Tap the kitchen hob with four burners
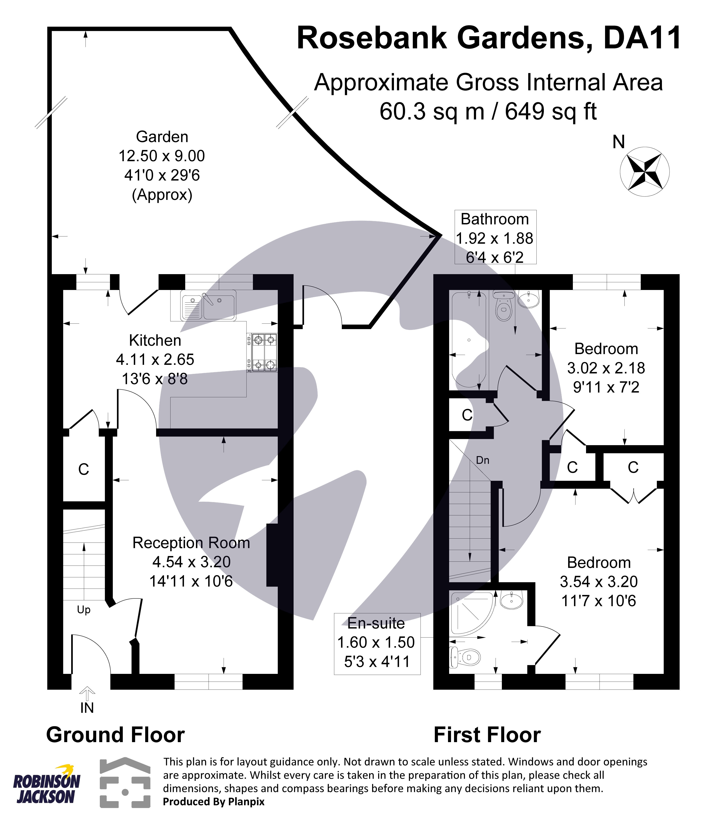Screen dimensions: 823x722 tap(262, 352)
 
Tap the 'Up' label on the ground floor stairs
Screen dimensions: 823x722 tap(84, 610)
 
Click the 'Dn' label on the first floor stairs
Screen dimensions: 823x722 tap(482, 460)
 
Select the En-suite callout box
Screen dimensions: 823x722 tap(377, 644)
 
